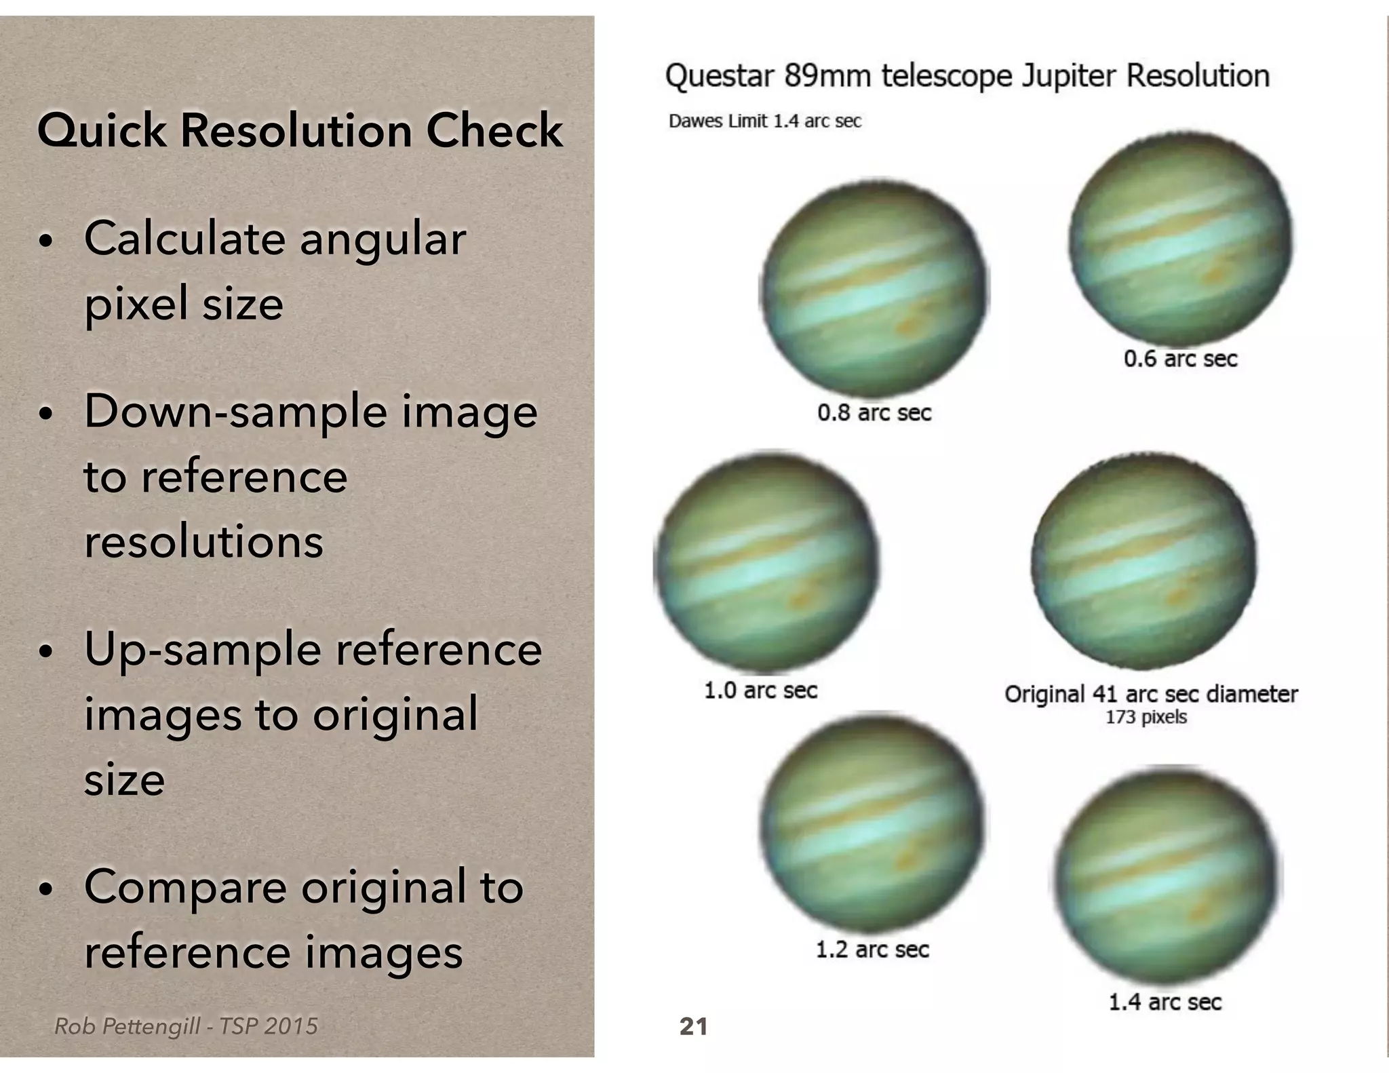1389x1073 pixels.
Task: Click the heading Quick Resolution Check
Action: coord(300,130)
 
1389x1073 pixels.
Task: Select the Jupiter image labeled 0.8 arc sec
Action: coord(874,290)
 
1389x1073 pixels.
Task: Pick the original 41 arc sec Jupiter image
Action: coord(1143,562)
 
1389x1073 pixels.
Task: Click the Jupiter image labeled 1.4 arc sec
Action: coord(1167,875)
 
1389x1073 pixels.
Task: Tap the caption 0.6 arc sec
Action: coord(1180,359)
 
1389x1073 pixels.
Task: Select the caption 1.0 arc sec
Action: coord(760,690)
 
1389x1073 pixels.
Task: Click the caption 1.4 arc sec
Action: coord(1165,1002)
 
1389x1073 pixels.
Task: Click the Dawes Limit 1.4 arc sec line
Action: coord(764,121)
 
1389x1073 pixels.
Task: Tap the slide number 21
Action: coord(693,1026)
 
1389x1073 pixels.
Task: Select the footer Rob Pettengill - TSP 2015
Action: coord(186,1026)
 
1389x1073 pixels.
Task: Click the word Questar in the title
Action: coord(719,76)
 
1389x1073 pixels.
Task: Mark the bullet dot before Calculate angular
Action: coord(45,242)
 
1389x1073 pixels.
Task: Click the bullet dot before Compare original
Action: coord(45,889)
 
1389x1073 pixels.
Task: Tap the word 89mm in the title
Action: coord(827,76)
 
